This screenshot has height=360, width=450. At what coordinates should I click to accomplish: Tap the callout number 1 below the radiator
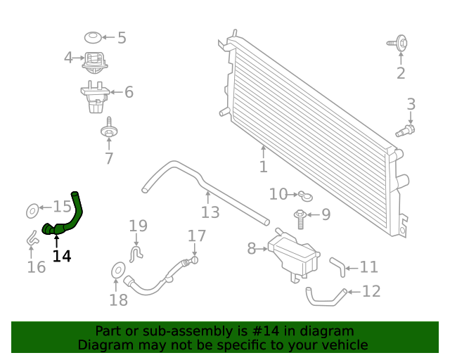(263, 167)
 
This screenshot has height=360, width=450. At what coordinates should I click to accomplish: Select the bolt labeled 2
(400, 44)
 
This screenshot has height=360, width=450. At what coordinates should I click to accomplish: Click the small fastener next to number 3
(406, 129)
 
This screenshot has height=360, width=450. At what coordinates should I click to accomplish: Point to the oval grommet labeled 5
(92, 37)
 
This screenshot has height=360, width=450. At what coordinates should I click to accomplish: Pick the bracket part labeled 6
(95, 96)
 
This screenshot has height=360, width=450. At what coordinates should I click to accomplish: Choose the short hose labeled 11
(337, 266)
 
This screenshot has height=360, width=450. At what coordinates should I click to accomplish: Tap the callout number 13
(210, 212)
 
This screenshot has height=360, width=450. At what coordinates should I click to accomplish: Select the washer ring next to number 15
(32, 209)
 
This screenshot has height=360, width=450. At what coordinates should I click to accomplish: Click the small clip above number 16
(33, 238)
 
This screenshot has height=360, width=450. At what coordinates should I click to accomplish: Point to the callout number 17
(197, 236)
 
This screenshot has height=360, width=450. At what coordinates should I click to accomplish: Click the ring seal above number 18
(118, 270)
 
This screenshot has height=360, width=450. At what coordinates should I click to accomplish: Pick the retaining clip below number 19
(137, 251)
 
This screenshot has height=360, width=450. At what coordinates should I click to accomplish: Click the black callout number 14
(62, 257)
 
